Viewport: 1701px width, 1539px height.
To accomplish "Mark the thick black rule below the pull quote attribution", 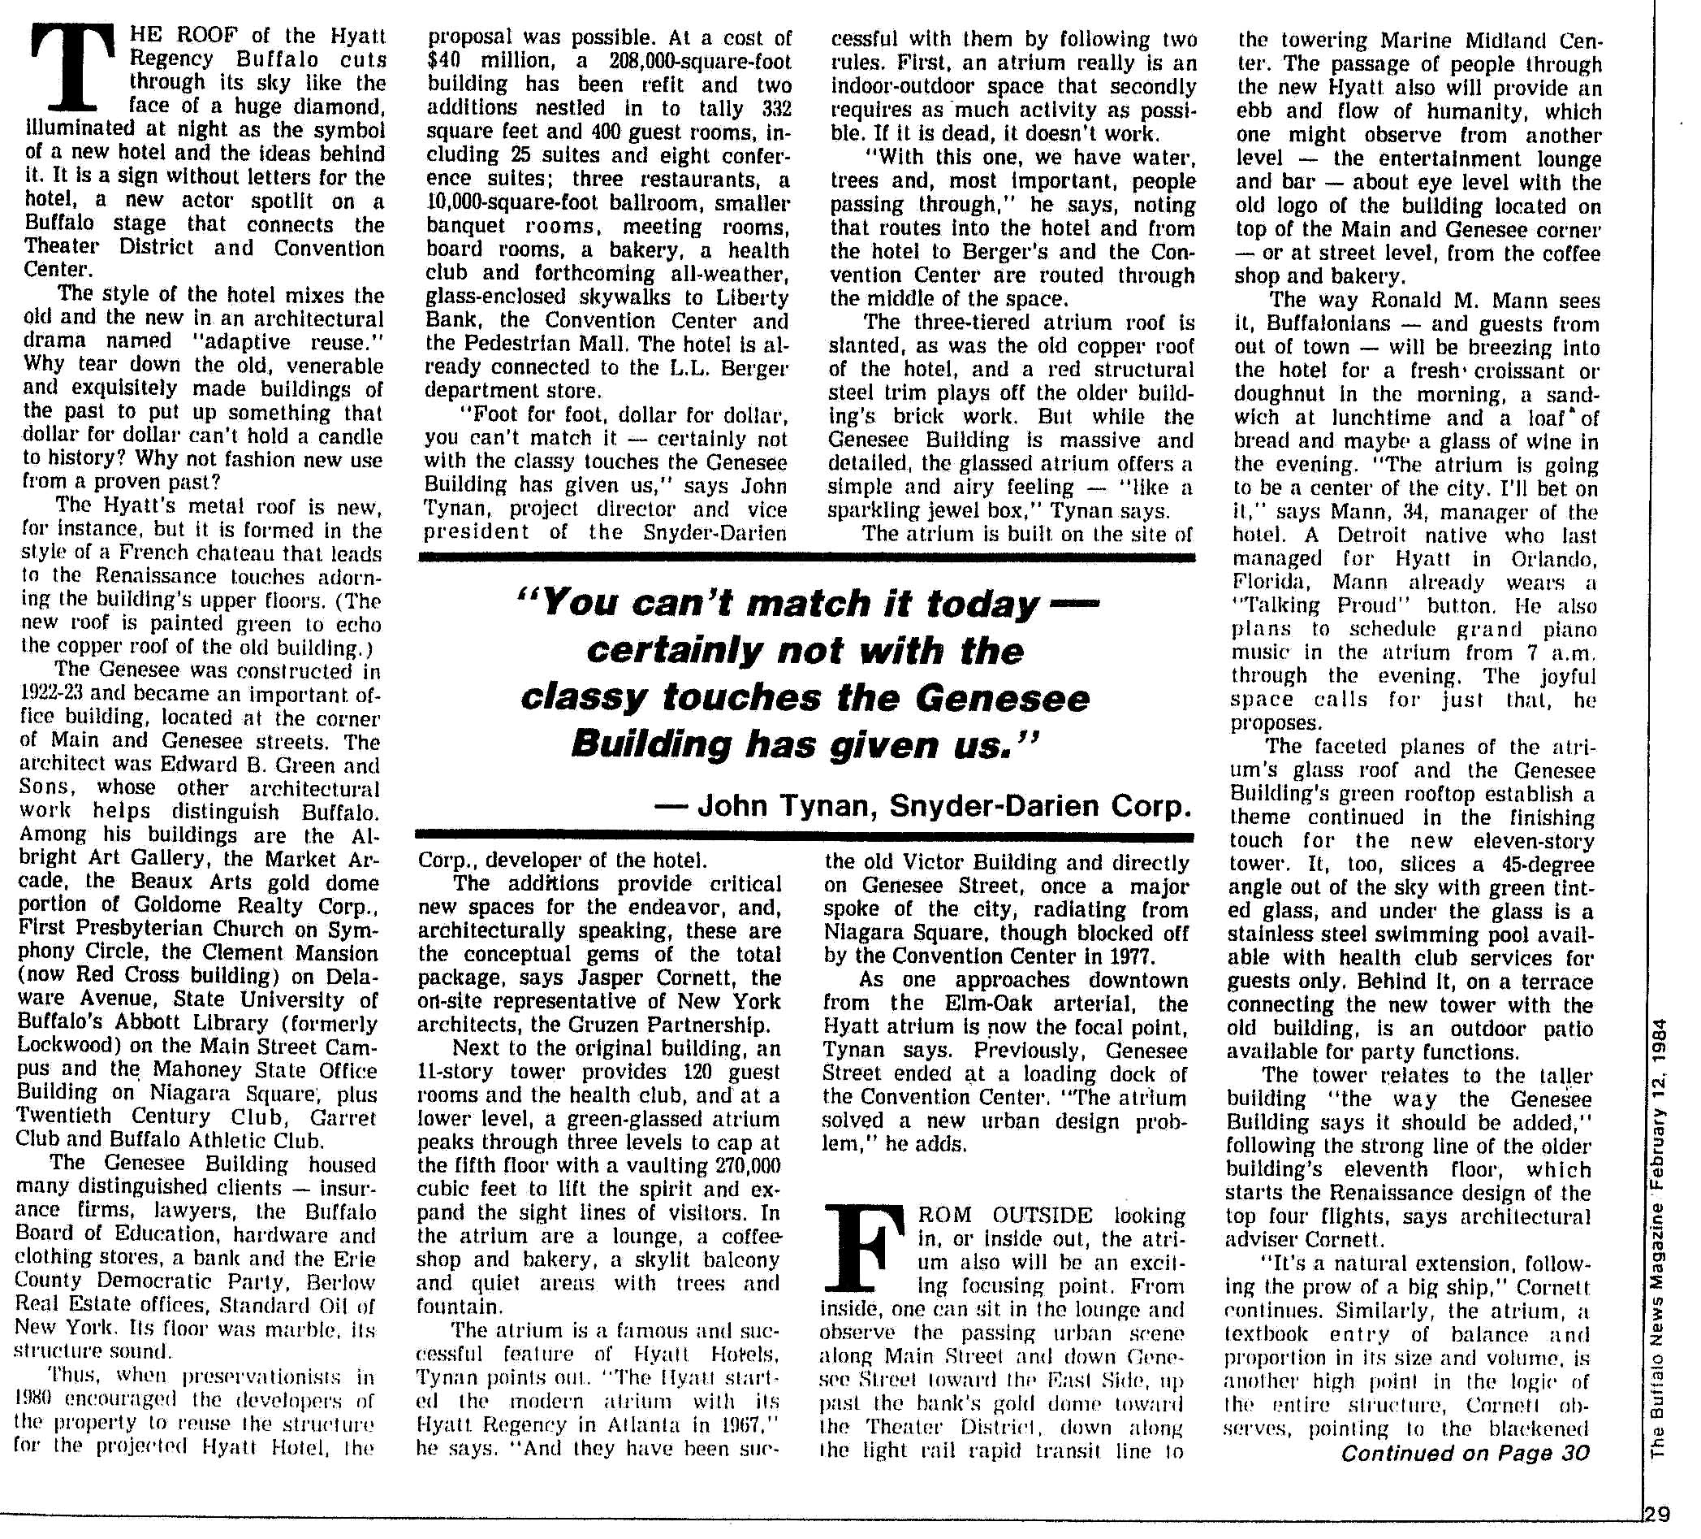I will point(805,837).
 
